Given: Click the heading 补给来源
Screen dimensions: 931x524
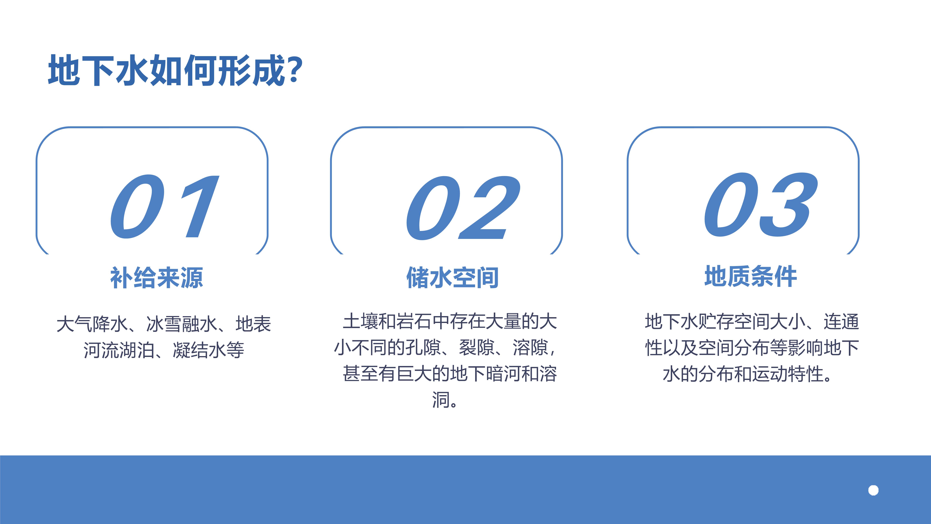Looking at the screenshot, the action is [156, 278].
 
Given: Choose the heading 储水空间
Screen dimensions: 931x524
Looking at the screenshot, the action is [453, 278].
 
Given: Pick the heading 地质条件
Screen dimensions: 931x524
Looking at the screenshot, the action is [751, 276].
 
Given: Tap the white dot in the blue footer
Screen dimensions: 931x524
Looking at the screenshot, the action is [873, 490].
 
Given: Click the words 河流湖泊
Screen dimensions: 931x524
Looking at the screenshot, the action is [119, 350].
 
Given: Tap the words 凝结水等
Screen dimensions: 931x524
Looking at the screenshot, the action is [209, 350].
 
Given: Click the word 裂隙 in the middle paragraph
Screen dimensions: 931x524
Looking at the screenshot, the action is [477, 348].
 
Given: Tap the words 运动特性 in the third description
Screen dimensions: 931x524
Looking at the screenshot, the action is [788, 374].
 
